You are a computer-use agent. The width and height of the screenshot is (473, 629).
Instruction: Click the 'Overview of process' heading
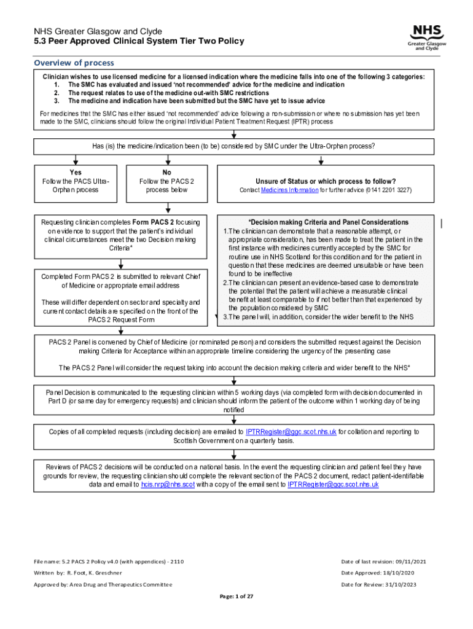(74, 63)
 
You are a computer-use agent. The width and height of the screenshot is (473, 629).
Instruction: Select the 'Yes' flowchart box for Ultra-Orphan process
(76, 182)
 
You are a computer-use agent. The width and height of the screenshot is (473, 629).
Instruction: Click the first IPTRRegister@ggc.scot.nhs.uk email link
(291, 432)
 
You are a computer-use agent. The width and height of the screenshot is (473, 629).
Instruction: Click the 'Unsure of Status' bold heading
(325, 181)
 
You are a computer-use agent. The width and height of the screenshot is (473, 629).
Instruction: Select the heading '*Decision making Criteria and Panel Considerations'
(328, 222)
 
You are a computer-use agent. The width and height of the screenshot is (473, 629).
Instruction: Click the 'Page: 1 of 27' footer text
(237, 596)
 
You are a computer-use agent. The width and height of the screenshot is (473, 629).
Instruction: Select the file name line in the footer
(108, 561)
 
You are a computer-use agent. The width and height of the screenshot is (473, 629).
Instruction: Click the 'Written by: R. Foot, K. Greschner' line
(79, 572)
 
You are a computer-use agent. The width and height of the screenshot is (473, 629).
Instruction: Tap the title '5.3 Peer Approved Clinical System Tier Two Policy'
(139, 41)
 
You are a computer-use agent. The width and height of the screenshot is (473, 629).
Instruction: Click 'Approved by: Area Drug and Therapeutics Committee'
(103, 584)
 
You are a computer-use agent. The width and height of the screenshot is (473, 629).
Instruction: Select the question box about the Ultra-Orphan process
(233, 146)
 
